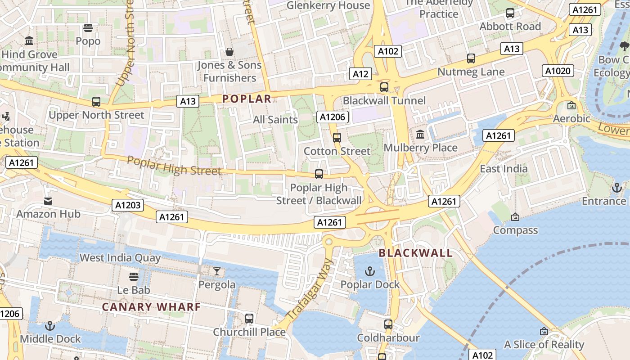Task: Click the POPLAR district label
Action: click(247, 99)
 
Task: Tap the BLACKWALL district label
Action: click(415, 253)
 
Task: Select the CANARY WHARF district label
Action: click(151, 307)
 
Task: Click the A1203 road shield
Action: click(128, 206)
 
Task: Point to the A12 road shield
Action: click(360, 74)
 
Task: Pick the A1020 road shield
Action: click(558, 71)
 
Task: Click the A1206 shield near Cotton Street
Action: click(333, 117)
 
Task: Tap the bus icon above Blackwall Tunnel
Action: click(384, 87)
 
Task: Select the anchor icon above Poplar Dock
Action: click(369, 271)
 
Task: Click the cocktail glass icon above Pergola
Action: click(217, 271)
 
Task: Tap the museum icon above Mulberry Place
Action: click(420, 134)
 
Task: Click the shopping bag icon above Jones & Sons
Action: click(229, 52)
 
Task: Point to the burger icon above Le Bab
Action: click(133, 276)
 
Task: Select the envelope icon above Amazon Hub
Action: click(48, 201)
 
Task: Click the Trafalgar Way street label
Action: click(310, 289)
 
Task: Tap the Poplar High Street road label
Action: click(174, 166)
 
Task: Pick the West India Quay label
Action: click(120, 258)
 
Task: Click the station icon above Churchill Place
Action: click(249, 319)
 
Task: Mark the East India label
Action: click(504, 169)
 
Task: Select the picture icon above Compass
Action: click(515, 217)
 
